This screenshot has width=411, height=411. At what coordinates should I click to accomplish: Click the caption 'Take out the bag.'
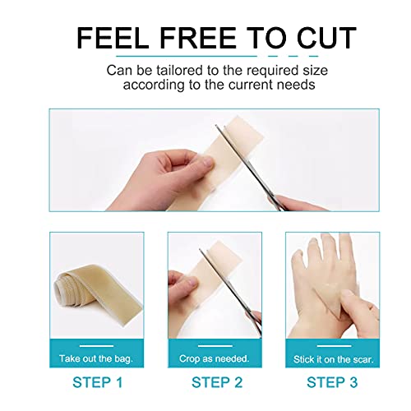tap(96, 359)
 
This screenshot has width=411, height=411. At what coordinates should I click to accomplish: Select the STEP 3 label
tap(332, 381)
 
